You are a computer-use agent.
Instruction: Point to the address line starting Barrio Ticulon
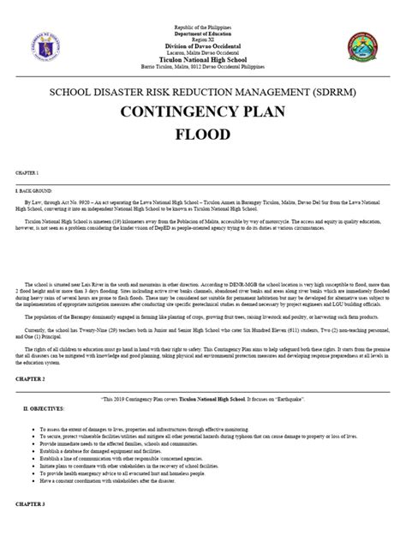pyautogui.click(x=203, y=68)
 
